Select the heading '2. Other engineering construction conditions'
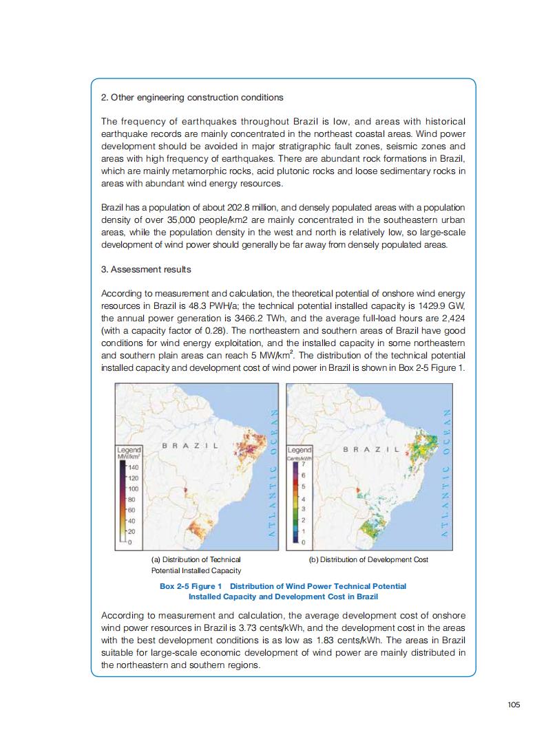(x=192, y=98)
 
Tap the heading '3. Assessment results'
(x=146, y=270)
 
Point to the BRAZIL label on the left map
(x=190, y=446)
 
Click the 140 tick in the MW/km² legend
(x=134, y=467)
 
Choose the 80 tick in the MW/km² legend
(x=132, y=499)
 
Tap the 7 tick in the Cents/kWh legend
(x=304, y=466)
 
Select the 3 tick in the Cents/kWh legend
(x=304, y=509)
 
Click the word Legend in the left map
(x=129, y=449)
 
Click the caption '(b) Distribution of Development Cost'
(x=368, y=559)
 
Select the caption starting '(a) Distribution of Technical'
(x=196, y=559)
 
